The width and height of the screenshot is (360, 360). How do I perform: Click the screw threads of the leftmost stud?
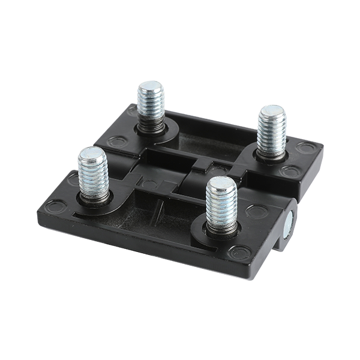click(x=94, y=177)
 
